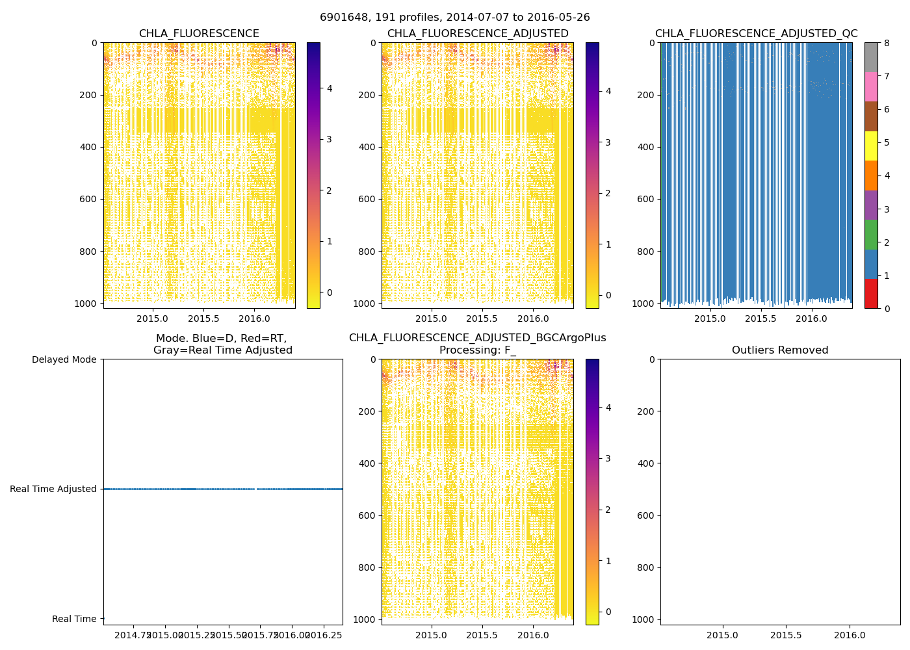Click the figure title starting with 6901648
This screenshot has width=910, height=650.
tap(454, 18)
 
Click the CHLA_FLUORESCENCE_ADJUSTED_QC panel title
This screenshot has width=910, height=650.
tap(756, 34)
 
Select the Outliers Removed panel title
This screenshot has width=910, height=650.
tap(780, 350)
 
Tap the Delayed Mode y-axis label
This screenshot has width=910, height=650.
tap(64, 359)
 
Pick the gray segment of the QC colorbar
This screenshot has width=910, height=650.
tap(871, 57)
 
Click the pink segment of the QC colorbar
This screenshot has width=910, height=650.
tap(871, 86)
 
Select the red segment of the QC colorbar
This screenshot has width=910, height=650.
tap(871, 294)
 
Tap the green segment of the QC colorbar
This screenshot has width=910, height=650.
tap(871, 235)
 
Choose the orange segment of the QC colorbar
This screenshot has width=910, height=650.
tap(871, 175)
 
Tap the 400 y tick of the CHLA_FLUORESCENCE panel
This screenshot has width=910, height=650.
tap(90, 147)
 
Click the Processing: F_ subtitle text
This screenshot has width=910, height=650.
tap(477, 350)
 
